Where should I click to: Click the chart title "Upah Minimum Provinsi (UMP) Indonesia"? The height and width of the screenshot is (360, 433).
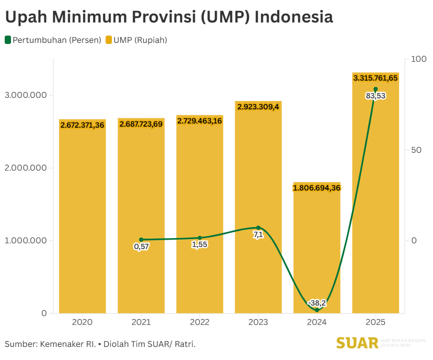point(169,17)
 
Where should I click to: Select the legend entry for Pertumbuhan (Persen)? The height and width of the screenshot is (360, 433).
point(53,40)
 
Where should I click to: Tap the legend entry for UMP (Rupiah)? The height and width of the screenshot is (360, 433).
point(136,40)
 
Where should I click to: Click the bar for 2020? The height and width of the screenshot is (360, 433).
point(82,220)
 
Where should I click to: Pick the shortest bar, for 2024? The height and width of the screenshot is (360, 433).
point(317,251)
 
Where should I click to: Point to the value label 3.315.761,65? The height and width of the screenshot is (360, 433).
point(375,78)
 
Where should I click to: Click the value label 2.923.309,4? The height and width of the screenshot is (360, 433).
point(258,107)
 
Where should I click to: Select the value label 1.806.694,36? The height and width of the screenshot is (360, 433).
point(317,188)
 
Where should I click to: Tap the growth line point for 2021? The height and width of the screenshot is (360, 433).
point(141,240)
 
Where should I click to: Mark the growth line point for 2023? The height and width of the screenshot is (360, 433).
point(258,228)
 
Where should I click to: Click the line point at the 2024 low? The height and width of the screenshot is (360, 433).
point(317,310)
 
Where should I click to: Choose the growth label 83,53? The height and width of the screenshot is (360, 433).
point(375,96)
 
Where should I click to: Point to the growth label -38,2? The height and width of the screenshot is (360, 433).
point(317,303)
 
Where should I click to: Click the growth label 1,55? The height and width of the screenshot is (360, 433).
point(200,244)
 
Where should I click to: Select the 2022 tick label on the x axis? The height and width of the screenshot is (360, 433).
point(200,322)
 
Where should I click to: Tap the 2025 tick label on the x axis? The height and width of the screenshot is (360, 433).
point(375,322)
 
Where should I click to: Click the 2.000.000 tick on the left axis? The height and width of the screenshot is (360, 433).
point(26,168)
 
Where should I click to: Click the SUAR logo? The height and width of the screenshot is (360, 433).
point(358,343)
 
